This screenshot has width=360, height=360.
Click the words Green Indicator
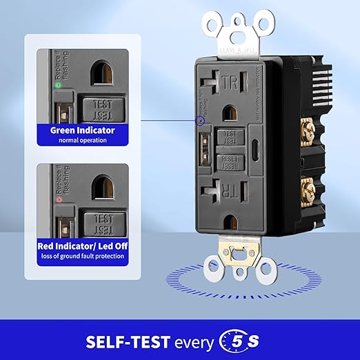(82, 129)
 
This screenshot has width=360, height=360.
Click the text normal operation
(82, 140)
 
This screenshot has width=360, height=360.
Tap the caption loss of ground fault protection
(82, 256)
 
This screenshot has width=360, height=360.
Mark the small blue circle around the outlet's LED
(200, 121)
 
